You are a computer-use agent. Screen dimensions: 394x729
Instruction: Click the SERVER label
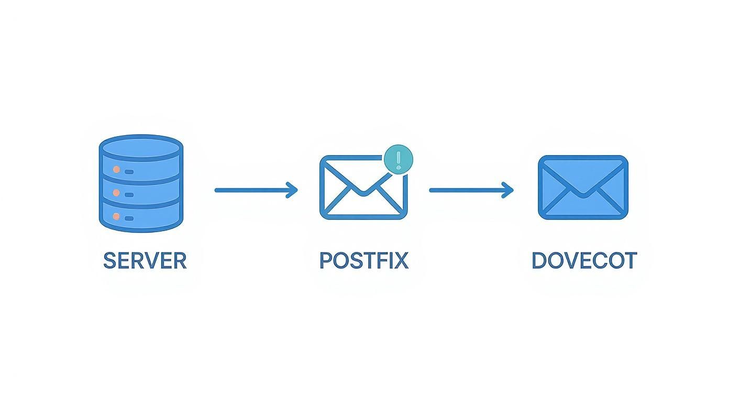click(145, 260)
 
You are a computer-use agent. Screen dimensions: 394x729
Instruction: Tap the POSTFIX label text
click(363, 260)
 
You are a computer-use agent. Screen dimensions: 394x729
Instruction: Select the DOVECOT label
click(584, 260)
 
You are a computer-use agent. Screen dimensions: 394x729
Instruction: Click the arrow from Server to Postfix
click(256, 190)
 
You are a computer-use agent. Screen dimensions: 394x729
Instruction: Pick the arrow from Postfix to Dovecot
click(471, 190)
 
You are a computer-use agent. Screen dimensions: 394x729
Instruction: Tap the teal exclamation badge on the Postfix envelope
click(399, 158)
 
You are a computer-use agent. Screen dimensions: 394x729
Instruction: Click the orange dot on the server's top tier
click(116, 170)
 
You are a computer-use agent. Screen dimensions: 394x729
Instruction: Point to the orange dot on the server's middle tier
click(116, 193)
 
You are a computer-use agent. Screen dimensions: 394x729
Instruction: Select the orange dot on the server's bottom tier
click(116, 216)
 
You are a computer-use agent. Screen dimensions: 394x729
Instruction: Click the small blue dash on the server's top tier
click(129, 171)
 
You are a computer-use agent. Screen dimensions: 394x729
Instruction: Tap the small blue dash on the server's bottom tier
click(129, 218)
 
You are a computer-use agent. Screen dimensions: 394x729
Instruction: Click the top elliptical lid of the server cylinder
click(141, 148)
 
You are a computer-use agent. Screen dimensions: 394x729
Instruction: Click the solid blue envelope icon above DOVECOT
click(583, 187)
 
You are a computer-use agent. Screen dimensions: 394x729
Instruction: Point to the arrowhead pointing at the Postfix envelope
click(293, 190)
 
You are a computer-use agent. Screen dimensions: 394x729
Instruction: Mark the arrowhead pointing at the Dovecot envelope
click(509, 190)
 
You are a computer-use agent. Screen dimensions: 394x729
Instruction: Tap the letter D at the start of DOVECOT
click(539, 260)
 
